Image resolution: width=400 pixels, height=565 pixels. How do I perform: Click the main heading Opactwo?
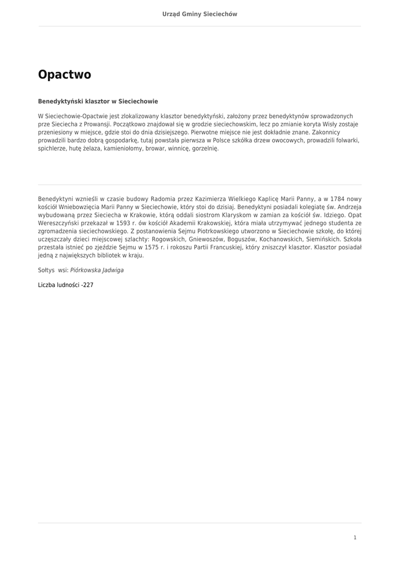click(65, 75)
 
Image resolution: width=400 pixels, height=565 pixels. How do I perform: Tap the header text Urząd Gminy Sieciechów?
click(200, 14)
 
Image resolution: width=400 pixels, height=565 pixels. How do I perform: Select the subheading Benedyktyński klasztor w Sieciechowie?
click(98, 102)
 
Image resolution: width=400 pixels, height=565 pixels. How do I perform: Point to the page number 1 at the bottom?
click(355, 537)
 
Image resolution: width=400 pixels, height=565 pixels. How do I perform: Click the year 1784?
click(337, 199)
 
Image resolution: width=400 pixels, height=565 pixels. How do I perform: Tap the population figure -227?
click(87, 285)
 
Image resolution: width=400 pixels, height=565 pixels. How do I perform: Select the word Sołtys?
click(46, 270)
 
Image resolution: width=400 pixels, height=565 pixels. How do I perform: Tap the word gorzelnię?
click(205, 149)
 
